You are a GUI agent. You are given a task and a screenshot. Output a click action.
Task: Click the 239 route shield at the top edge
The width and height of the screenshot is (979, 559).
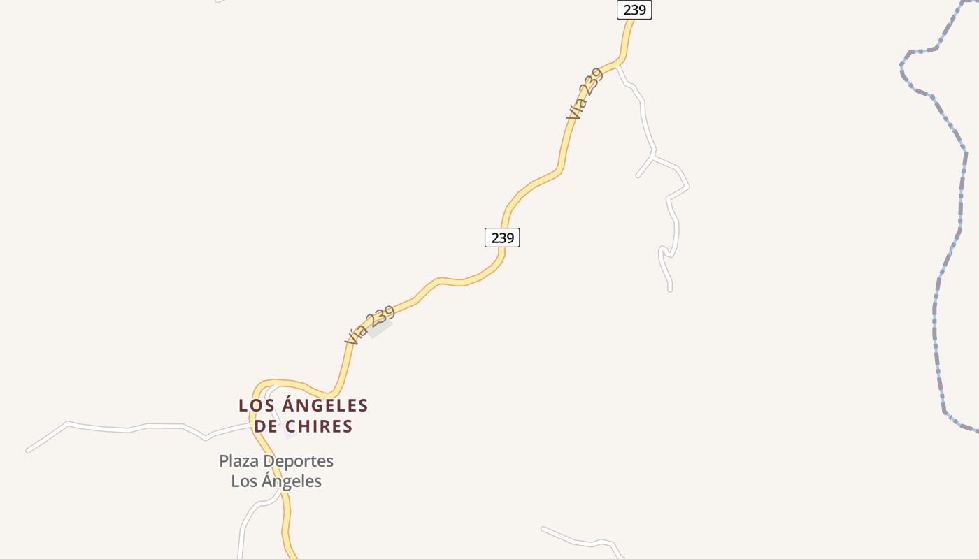tap(634, 10)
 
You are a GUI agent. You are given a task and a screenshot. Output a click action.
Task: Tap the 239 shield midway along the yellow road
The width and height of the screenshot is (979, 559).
tap(502, 238)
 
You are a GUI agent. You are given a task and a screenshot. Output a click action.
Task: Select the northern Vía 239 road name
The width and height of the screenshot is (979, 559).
tap(585, 94)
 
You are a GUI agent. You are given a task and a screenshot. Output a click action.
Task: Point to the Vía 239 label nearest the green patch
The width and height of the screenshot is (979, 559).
tap(370, 325)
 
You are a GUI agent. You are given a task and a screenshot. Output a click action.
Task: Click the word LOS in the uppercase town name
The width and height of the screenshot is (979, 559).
tap(255, 405)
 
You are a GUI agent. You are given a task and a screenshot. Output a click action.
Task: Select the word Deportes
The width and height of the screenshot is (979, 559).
tap(301, 461)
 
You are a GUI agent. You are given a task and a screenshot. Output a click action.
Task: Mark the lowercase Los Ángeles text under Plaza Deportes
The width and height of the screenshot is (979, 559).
tap(276, 481)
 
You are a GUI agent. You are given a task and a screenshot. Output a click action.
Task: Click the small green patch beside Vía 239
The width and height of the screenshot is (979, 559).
tap(381, 329)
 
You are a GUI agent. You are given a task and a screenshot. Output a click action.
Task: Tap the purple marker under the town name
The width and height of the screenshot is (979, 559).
tap(290, 435)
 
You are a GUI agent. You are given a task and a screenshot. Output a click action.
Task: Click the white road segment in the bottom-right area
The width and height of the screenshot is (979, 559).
tap(580, 542)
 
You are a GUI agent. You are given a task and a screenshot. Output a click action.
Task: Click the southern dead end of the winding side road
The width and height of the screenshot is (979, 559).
tap(670, 289)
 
